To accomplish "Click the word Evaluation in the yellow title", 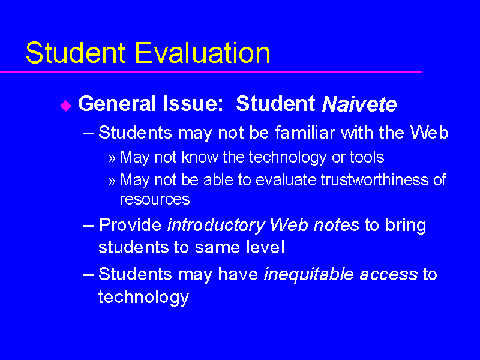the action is coord(202,53).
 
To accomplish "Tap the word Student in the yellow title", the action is coord(76,53).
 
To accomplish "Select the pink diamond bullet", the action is coord(66,106).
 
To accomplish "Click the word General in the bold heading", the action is coord(116,103).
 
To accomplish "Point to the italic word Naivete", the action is coord(359,104).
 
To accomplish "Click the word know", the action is coord(199,157).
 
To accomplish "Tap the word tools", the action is coord(367,157).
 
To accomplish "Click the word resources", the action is coord(155,199).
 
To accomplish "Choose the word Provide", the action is coord(130,225).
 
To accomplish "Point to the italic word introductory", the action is coord(216,226).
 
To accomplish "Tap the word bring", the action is coord(406,226).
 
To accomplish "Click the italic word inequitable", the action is coord(308,275).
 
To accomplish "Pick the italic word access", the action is coord(388,275).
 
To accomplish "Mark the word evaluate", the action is coord(286,179).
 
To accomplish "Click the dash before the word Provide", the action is coord(88,226).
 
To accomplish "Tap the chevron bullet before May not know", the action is coord(112,158).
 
